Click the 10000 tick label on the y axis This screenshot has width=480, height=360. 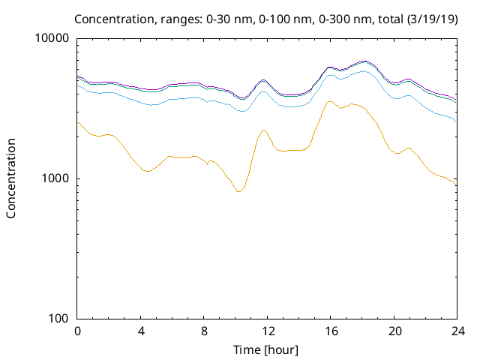click(53, 38)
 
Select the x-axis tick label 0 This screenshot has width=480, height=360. click(77, 331)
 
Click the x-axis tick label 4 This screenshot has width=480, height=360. click(141, 331)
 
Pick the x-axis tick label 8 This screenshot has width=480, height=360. click(204, 331)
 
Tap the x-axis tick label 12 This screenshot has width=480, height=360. click(267, 331)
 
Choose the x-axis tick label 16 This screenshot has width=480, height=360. click(331, 331)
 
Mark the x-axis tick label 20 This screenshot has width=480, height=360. click(394, 331)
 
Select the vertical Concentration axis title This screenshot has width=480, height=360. click(11, 178)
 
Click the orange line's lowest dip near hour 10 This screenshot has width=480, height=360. click(239, 191)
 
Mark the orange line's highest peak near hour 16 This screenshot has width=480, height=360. click(329, 101)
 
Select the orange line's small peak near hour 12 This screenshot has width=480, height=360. click(264, 130)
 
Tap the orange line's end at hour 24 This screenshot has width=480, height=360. click(456, 185)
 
